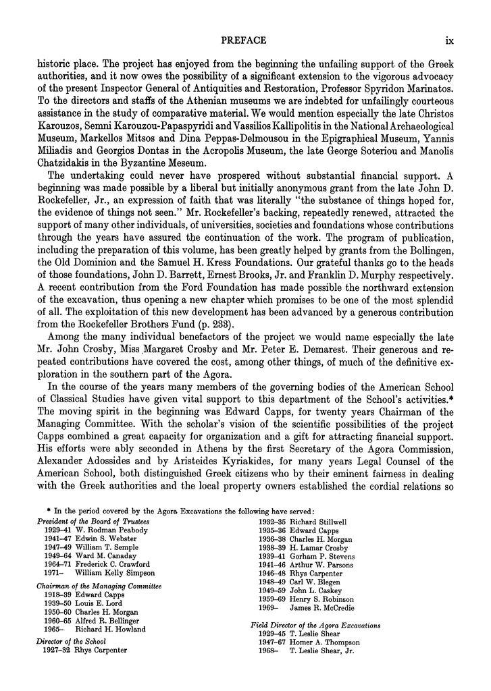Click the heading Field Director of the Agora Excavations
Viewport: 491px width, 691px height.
click(315, 626)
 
